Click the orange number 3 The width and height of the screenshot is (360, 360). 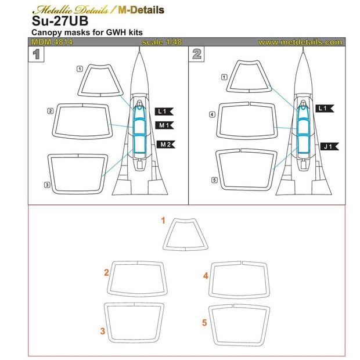click(102, 332)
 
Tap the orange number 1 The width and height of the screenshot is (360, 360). click(164, 221)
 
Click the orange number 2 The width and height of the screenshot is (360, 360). click(106, 272)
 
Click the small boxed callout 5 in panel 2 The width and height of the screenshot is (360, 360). click(214, 180)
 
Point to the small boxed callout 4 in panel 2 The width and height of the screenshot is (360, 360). click(213, 115)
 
